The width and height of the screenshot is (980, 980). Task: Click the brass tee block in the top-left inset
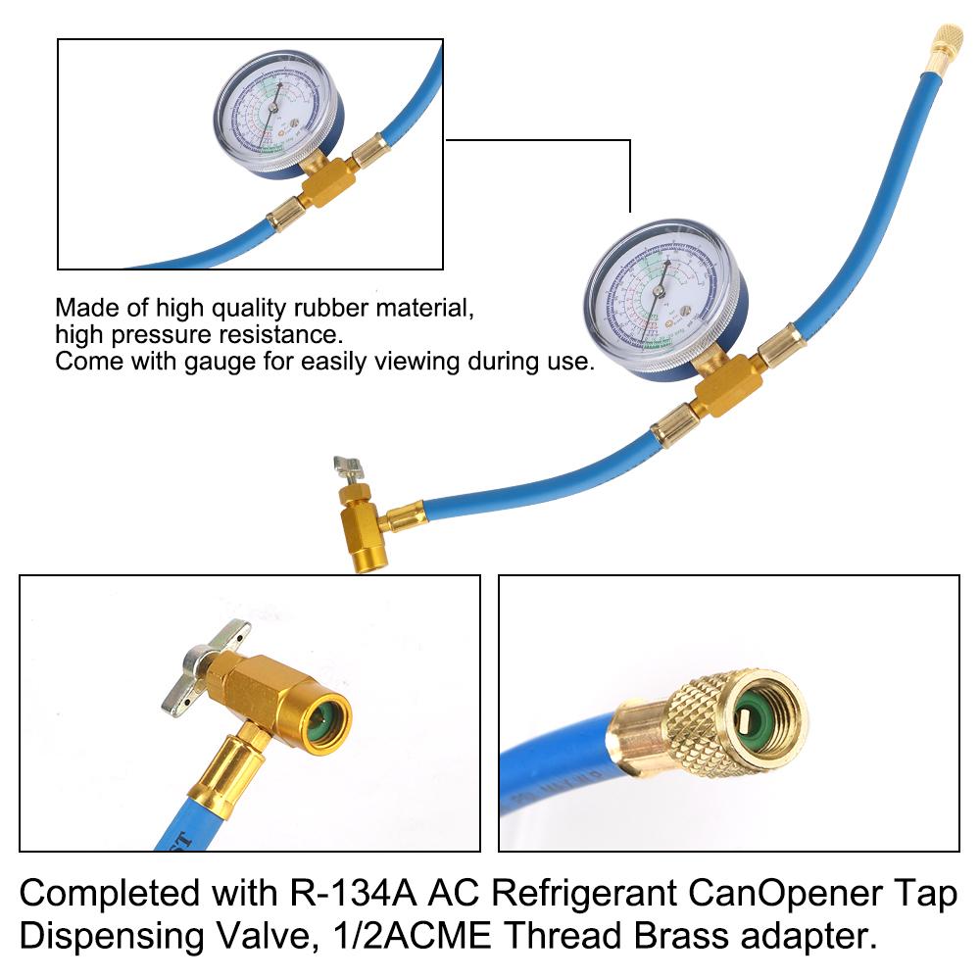(319, 180)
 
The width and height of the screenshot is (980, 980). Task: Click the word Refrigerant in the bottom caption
(563, 895)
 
